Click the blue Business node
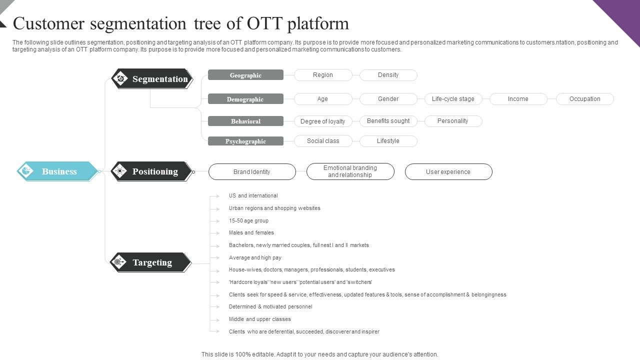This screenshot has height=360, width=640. pyautogui.click(x=58, y=171)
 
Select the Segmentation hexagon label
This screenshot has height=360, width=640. pyautogui.click(x=152, y=79)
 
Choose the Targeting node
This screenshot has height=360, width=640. pyautogui.click(x=151, y=262)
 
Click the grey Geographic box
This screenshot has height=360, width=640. pyautogui.click(x=245, y=75)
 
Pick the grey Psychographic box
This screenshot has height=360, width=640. pyautogui.click(x=245, y=141)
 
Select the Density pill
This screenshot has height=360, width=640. pyautogui.click(x=388, y=75)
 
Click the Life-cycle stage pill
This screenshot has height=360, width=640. pyautogui.click(x=453, y=99)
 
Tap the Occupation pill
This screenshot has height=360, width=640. pyautogui.click(x=584, y=99)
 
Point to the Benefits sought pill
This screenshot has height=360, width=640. pyautogui.click(x=388, y=121)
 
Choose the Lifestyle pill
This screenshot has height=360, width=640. pyautogui.click(x=388, y=141)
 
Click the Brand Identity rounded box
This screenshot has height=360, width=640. pyautogui.click(x=252, y=172)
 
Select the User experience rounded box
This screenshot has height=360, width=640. pyautogui.click(x=448, y=172)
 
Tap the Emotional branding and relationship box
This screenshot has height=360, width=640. pyautogui.click(x=350, y=171)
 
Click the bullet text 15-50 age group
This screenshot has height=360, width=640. pyautogui.click(x=248, y=220)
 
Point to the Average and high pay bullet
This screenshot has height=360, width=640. pyautogui.click(x=255, y=257)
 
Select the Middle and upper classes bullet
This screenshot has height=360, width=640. pyautogui.click(x=259, y=319)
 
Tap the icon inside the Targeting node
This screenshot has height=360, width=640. pyautogui.click(x=119, y=262)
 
